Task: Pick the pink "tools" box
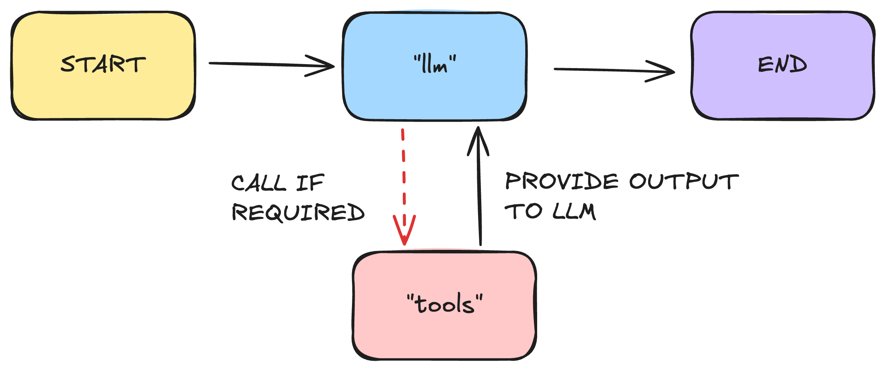tap(444, 337)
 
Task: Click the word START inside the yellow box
tap(103, 65)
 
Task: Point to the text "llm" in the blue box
tap(435, 65)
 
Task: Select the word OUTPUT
tap(684, 182)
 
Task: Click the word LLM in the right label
tap(574, 211)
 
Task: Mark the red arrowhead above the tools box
tap(404, 230)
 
